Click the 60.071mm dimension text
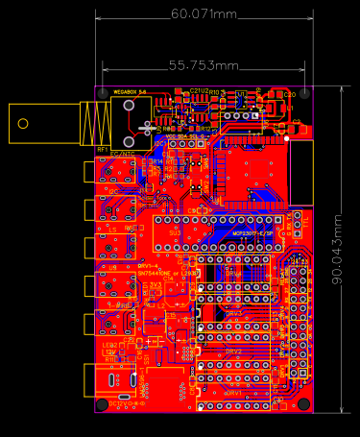click(204, 14)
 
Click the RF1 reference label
click(103, 149)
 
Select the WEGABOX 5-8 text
click(130, 91)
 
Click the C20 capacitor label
click(290, 94)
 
